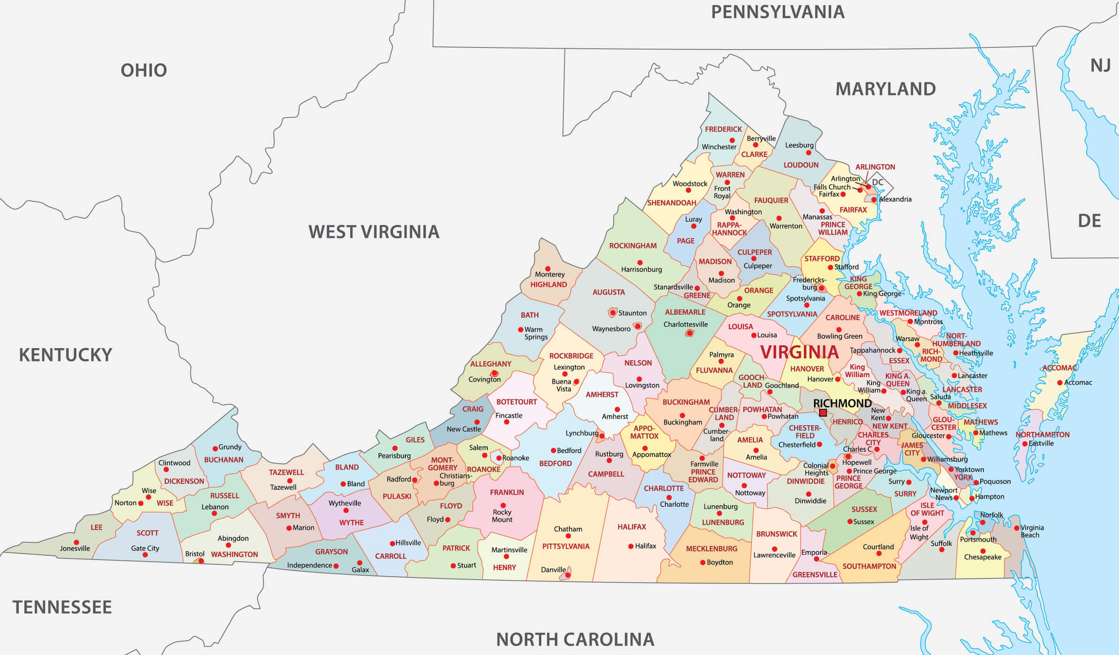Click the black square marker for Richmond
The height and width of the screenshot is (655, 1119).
[823, 413]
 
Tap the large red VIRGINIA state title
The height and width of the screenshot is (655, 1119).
[799, 352]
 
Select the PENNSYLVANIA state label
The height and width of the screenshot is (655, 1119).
[777, 12]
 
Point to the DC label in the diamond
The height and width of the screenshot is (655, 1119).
[878, 182]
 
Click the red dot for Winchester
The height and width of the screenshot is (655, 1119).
[732, 140]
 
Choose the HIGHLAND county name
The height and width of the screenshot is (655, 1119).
[548, 284]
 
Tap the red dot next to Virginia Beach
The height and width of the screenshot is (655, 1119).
[1016, 528]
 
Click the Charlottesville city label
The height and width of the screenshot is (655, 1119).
[685, 324]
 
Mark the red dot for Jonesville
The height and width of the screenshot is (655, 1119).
[76, 542]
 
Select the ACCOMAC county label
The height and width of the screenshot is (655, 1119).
[1059, 368]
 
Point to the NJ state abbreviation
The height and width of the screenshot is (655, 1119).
[1100, 66]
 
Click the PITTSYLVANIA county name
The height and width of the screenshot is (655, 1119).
[566, 546]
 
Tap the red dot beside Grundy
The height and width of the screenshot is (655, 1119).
[215, 448]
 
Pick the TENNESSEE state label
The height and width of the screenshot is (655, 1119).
[62, 607]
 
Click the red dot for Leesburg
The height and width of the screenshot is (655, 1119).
[808, 153]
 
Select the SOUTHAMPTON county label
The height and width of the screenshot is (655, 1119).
[869, 566]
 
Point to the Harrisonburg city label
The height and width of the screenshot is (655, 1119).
[641, 269]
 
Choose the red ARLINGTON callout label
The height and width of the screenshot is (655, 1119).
[875, 167]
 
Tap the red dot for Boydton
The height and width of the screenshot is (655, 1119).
[702, 562]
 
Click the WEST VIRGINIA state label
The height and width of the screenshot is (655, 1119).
[373, 232]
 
